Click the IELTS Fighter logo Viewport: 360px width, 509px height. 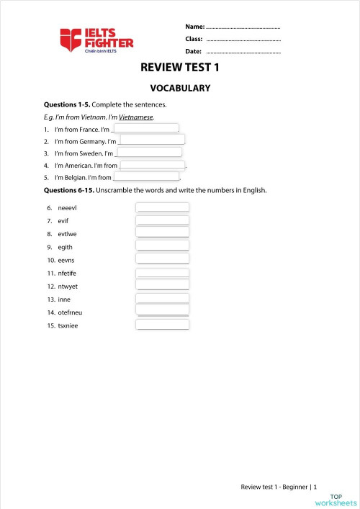pyautogui.click(x=96, y=40)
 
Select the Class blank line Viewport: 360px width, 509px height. pyautogui.click(x=243, y=39)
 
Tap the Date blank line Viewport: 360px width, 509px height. pyautogui.click(x=243, y=52)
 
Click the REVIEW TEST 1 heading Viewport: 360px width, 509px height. pyautogui.click(x=179, y=68)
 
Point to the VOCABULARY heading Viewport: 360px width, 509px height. pyautogui.click(x=179, y=89)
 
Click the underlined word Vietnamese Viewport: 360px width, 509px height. pyautogui.click(x=137, y=117)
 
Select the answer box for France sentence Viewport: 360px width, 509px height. pyautogui.click(x=147, y=128)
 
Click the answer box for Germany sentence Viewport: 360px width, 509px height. pyautogui.click(x=152, y=140)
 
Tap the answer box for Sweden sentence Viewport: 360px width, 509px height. pyautogui.click(x=149, y=152)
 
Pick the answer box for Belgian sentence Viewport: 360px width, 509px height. pyautogui.click(x=147, y=176)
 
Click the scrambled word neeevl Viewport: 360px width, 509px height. pyautogui.click(x=67, y=208)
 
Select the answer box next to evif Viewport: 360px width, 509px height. pyautogui.click(x=163, y=220)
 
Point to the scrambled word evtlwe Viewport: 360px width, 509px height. pyautogui.click(x=68, y=234)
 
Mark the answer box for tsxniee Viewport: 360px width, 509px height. pyautogui.click(x=163, y=325)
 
